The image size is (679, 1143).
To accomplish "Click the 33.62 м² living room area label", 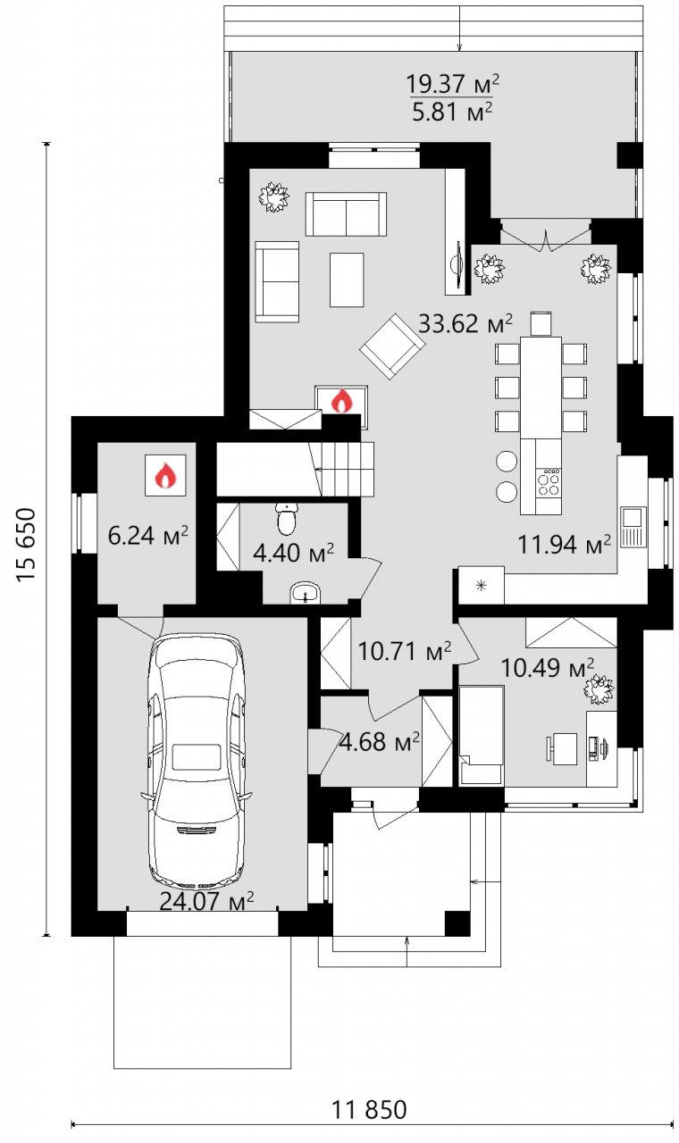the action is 465,323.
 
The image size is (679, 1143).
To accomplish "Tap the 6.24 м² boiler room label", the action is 148,536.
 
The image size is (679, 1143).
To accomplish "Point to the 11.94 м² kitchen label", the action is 564,545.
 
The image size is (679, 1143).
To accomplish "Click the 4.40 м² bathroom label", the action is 294,553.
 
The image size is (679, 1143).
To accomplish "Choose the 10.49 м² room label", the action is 548,667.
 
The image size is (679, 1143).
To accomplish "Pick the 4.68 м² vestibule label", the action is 379,742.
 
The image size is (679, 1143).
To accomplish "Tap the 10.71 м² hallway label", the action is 405,651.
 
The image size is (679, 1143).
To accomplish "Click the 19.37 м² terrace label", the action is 452,83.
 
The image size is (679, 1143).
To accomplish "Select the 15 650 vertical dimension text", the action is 27,545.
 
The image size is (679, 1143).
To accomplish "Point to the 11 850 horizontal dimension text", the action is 370,1109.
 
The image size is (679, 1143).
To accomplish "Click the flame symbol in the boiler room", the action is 165,475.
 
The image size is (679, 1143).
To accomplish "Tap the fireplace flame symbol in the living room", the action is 341,401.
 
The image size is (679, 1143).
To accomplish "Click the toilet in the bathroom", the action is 287,518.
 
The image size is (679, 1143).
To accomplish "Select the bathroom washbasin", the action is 306,595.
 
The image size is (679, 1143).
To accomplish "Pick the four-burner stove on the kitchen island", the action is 549,482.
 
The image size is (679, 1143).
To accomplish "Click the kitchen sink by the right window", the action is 633,527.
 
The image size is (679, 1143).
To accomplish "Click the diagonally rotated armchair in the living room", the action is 392,346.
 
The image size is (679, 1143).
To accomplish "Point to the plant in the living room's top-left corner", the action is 274,197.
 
